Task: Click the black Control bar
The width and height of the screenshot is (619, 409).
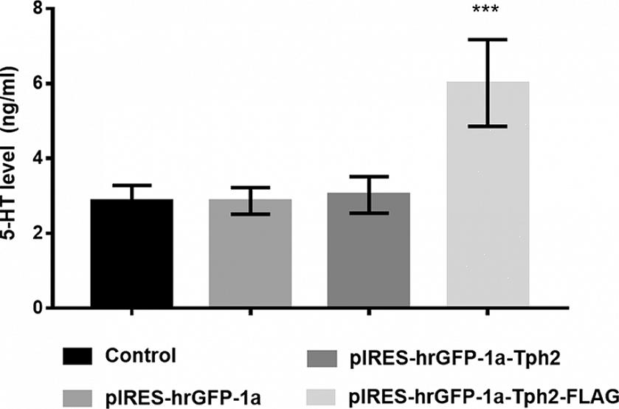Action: tap(131, 255)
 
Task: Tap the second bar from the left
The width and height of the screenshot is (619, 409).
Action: tap(250, 255)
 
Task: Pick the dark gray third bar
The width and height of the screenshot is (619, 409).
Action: tap(369, 251)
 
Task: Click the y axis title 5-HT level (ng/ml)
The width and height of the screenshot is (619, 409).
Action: tap(13, 159)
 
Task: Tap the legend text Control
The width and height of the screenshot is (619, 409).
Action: tap(140, 356)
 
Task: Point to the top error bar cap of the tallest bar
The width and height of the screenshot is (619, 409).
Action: tap(488, 39)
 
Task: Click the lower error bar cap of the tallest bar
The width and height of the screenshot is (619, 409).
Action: tap(488, 126)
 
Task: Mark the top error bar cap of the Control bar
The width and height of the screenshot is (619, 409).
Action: tap(131, 185)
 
